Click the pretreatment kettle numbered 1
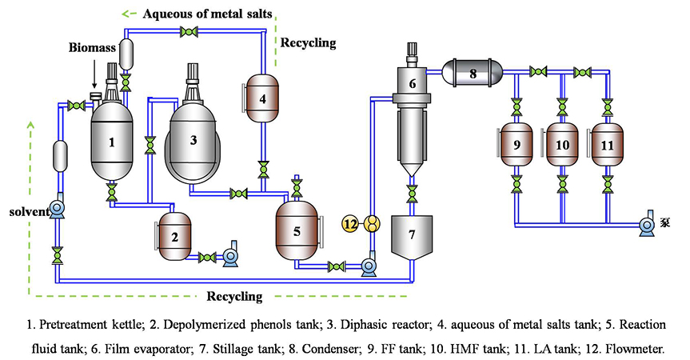click(112, 142)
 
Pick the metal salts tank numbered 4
click(262, 99)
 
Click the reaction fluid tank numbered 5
click(297, 231)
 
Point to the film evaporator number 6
click(413, 83)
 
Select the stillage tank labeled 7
click(413, 234)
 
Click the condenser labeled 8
click(473, 73)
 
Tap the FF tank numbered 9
click(517, 146)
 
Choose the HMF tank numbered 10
click(562, 146)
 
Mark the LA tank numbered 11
click(607, 146)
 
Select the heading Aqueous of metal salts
click(209, 14)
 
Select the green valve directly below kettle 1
click(112, 193)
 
